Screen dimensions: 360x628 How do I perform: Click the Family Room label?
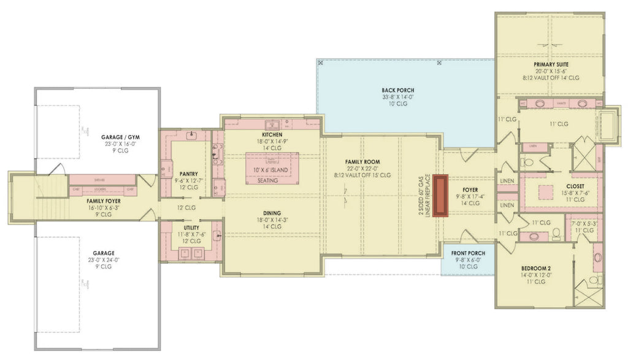coord(367,162)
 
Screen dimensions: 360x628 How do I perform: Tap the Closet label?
coord(558,186)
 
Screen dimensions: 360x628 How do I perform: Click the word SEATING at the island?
coord(267,181)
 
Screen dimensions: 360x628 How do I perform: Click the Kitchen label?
coord(272,134)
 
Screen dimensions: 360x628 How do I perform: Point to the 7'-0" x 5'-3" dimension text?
coord(583,224)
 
